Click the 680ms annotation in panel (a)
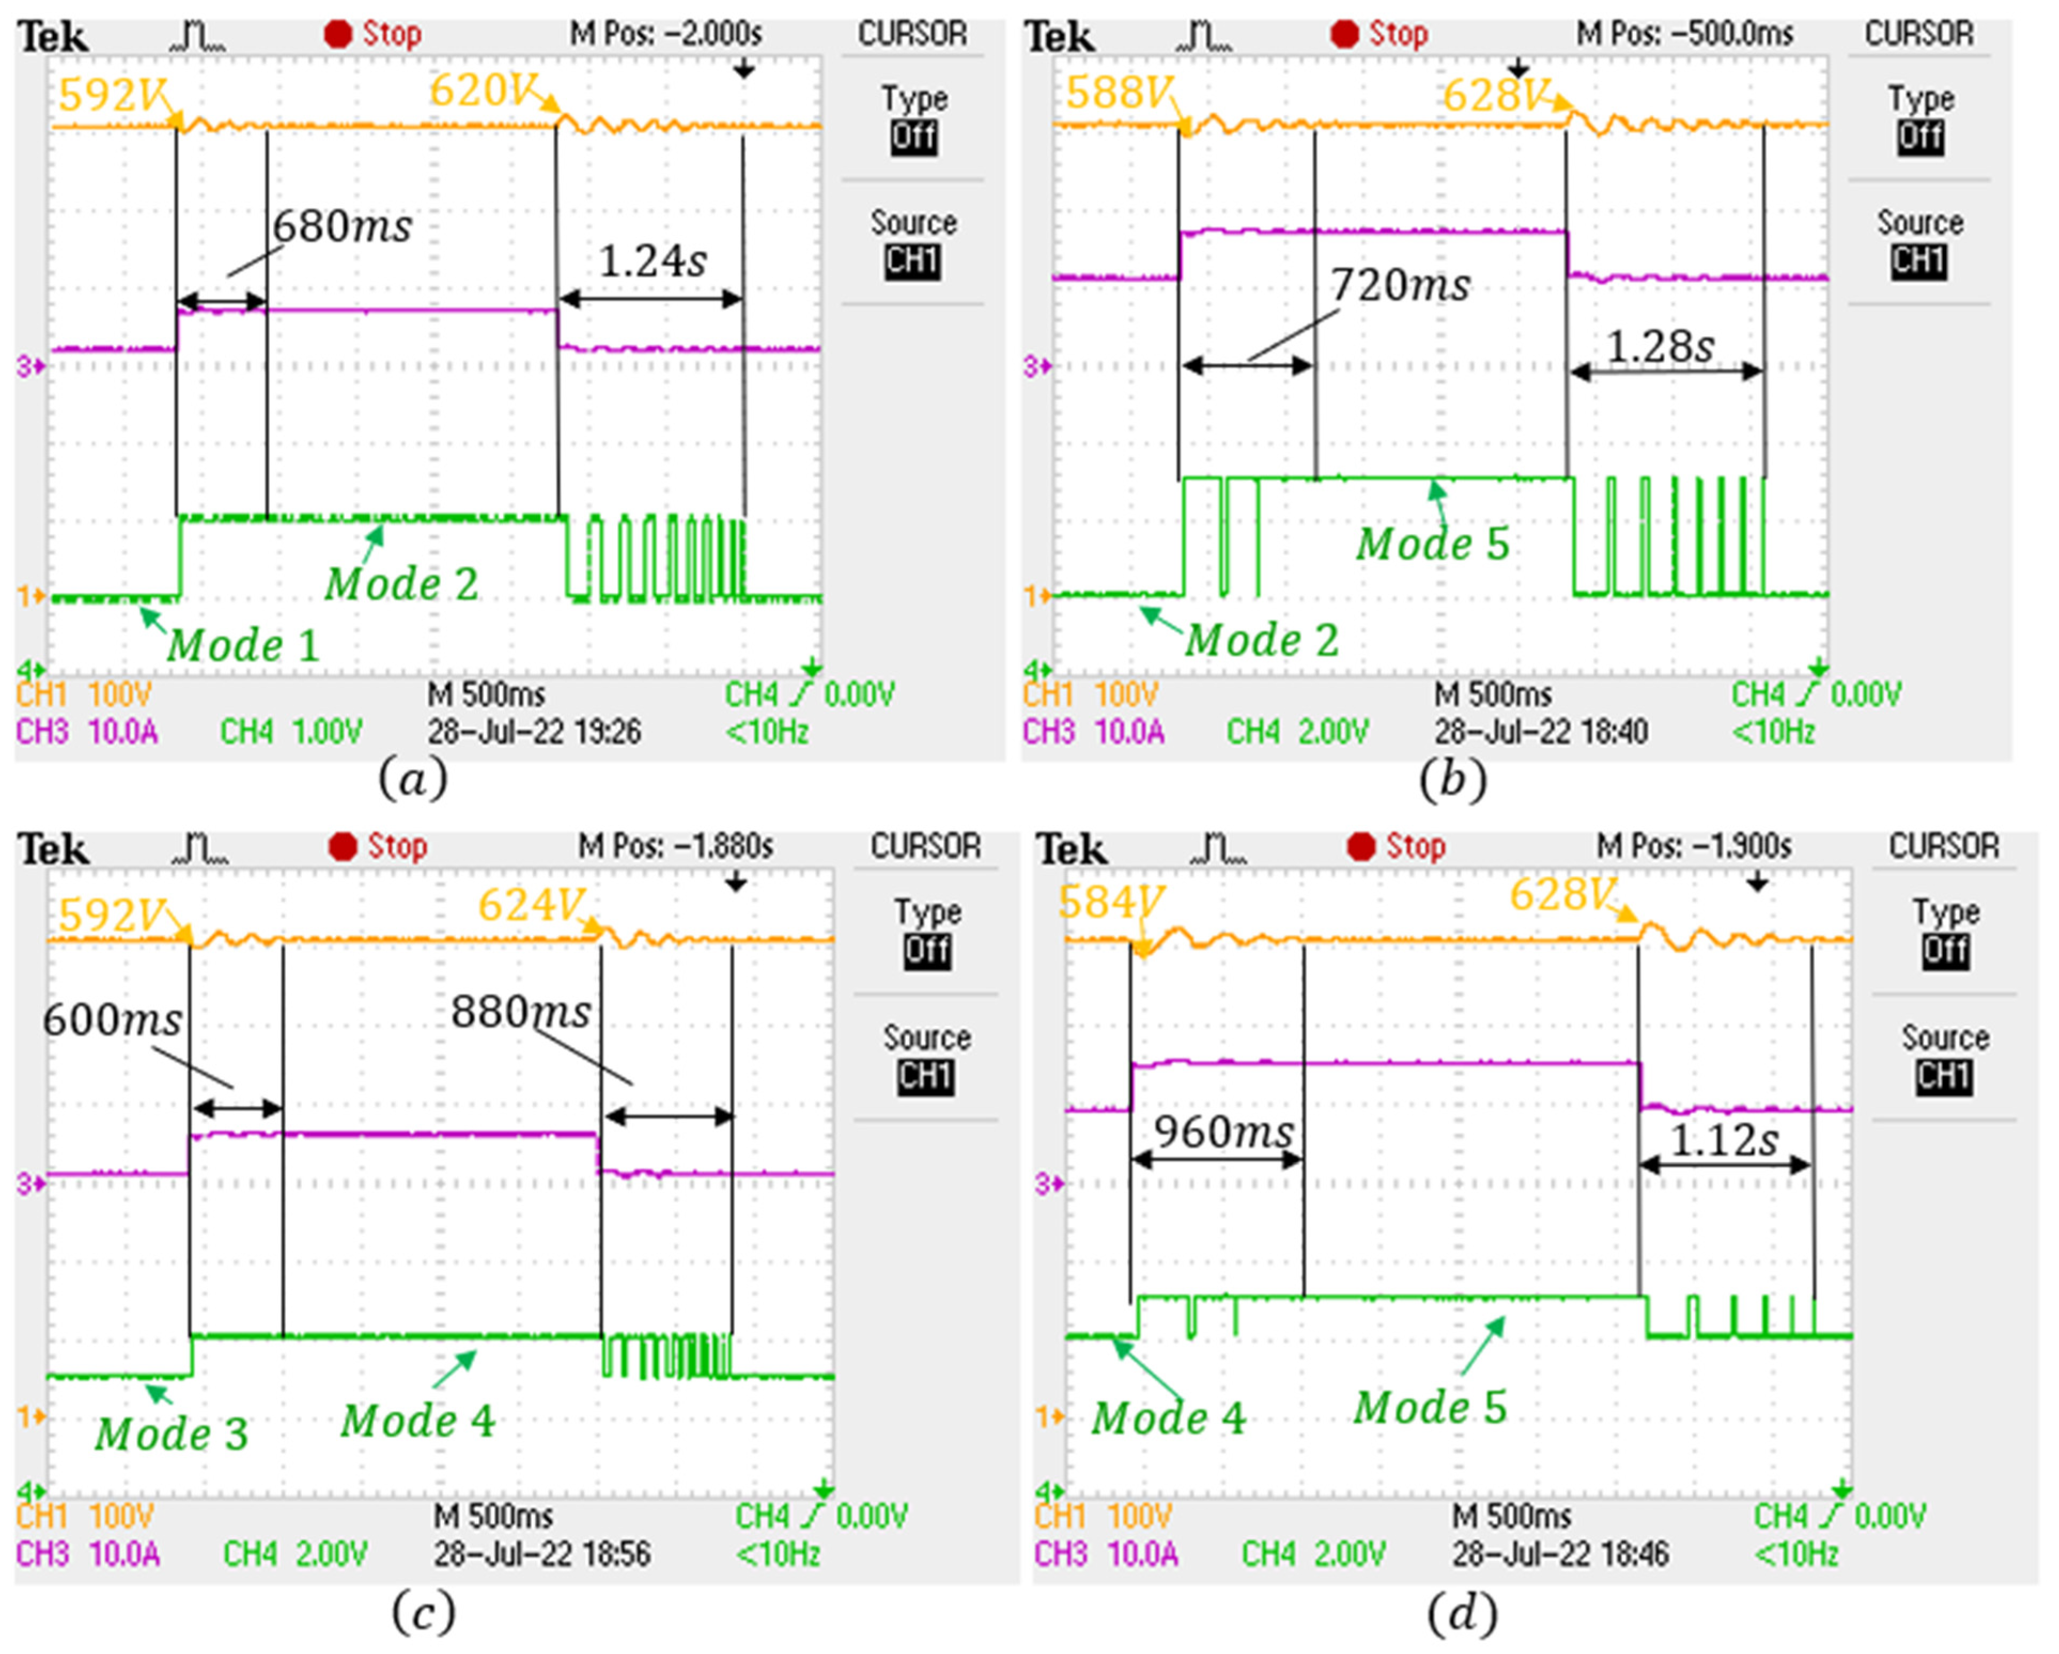342,227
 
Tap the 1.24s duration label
652,261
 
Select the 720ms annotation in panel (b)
1400,285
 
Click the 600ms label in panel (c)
112,1020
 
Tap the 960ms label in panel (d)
1223,1132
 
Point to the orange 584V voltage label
1110,902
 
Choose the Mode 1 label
243,646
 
